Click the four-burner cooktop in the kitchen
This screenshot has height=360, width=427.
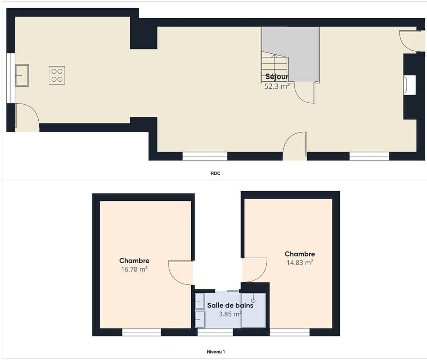57,75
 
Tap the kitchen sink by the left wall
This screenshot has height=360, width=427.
22,75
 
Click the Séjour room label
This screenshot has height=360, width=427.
277,77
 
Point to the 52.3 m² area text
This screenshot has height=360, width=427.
277,87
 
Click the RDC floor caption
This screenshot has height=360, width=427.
216,173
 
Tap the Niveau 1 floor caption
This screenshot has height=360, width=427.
216,352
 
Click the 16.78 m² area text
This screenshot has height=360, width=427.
134,269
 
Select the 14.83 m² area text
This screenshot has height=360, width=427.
300,262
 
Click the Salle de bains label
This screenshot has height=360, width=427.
230,305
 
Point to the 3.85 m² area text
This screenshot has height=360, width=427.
230,314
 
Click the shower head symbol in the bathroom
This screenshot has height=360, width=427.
254,300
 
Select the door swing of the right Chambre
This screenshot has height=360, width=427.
255,269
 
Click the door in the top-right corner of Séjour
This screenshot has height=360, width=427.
410,40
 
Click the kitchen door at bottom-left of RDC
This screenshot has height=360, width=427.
27,118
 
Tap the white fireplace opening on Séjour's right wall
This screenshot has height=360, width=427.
410,85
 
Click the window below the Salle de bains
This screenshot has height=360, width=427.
215,332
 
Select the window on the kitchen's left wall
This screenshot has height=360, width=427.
11,78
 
